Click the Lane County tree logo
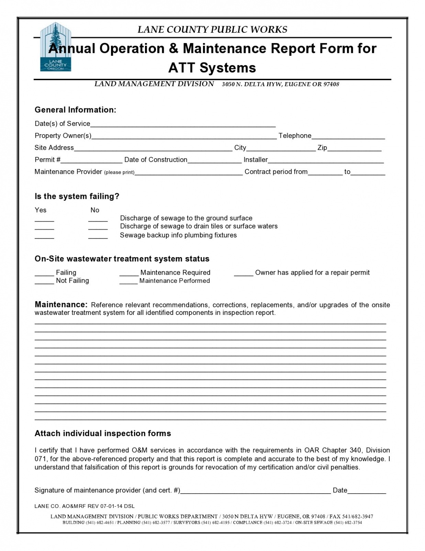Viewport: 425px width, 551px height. coord(56,47)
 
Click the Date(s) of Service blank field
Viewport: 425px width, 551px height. coord(182,124)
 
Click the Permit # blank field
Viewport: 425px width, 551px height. coord(91,160)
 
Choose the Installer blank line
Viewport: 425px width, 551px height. coord(325,160)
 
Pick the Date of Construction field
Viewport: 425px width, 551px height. coord(214,160)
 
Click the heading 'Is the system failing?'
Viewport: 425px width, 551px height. coord(77,197)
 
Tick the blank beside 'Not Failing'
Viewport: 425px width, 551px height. coord(44,281)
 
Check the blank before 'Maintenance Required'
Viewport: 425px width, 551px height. coord(129,273)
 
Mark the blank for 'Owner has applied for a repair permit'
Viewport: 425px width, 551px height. coord(244,273)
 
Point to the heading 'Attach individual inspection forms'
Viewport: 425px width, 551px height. coord(103,433)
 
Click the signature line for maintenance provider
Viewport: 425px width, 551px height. coord(255,491)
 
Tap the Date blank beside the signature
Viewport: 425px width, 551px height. coord(367,491)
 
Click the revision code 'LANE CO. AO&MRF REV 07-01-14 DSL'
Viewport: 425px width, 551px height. coord(85,506)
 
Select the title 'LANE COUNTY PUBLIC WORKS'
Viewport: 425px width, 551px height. coord(212,30)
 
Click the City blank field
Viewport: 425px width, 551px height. coord(281,148)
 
